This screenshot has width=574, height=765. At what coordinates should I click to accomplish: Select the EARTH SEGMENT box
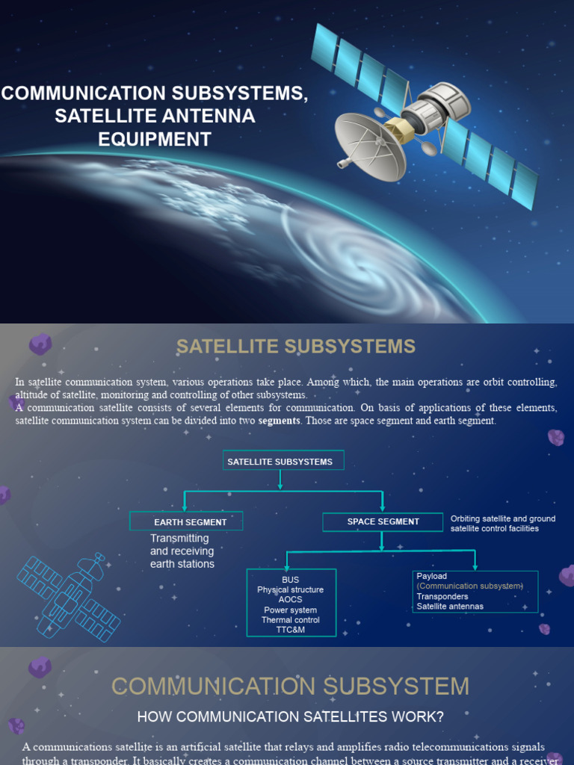[186, 521]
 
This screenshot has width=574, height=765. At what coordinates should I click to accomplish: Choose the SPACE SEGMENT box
[383, 521]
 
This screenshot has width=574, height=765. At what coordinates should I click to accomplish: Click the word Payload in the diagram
[432, 576]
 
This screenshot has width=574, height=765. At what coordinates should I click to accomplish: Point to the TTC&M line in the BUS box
[290, 630]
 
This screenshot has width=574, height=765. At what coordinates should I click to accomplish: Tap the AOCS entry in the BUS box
[290, 600]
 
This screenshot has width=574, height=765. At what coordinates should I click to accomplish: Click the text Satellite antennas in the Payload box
[450, 607]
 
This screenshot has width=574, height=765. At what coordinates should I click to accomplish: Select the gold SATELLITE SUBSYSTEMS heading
[295, 347]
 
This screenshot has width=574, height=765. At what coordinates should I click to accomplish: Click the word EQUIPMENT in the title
[155, 139]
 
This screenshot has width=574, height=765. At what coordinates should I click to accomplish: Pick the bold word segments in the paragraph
[279, 421]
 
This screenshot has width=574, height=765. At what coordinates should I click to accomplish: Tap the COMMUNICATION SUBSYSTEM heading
[290, 686]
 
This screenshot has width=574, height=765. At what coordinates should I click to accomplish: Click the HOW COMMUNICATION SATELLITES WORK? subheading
[290, 717]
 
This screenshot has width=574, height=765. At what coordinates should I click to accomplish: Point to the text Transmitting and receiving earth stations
[182, 551]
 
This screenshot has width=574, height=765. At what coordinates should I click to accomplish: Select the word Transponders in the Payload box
[442, 596]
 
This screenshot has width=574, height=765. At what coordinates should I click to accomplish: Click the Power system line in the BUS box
[290, 610]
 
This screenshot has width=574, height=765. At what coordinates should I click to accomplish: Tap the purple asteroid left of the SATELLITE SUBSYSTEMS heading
[40, 344]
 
